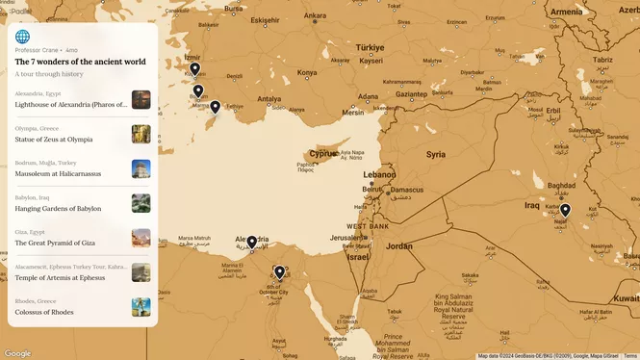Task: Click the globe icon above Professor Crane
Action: (x=23, y=37)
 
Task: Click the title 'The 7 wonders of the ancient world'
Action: (x=81, y=62)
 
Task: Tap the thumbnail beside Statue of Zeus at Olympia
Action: (x=141, y=134)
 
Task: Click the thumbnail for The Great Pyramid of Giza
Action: (x=141, y=238)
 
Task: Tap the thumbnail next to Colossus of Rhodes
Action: (x=141, y=307)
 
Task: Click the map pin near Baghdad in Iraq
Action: (x=566, y=211)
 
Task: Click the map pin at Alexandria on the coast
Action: (x=251, y=242)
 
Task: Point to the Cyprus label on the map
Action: (x=323, y=153)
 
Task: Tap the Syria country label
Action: (x=436, y=154)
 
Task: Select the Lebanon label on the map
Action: (x=379, y=175)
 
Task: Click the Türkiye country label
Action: (x=370, y=47)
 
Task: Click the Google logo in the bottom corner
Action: (x=17, y=353)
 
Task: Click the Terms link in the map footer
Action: (x=630, y=356)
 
